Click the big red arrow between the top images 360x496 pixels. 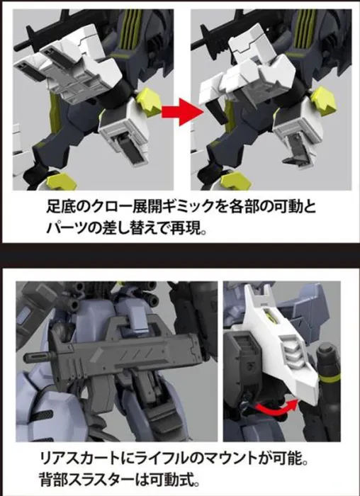pos(181,111)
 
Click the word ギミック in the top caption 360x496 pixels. pos(191,207)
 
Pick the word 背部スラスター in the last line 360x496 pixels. pos(86,480)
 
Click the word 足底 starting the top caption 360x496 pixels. pos(61,207)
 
